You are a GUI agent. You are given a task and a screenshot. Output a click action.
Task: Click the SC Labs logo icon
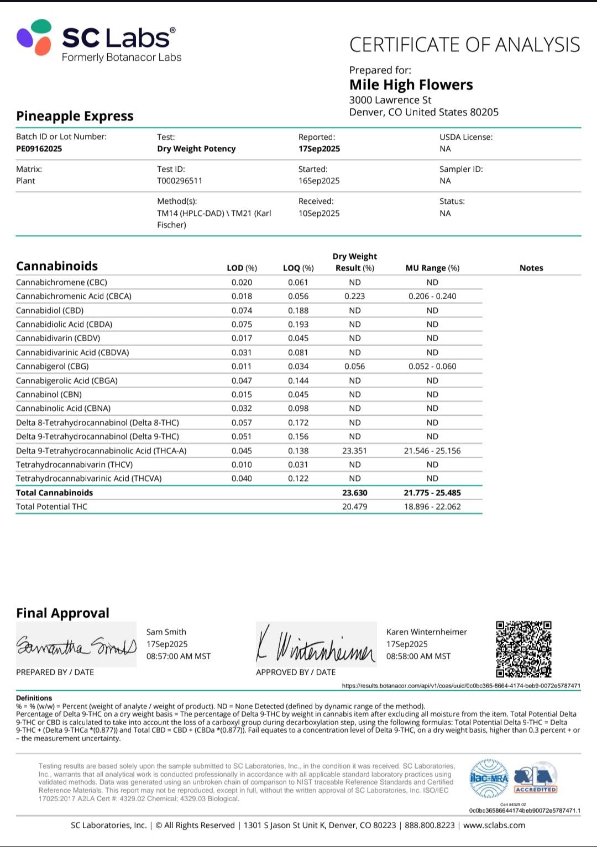pyautogui.click(x=34, y=37)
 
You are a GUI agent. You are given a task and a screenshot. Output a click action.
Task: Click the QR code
pyautogui.click(x=523, y=649)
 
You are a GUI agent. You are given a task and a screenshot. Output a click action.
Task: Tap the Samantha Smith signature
pyautogui.click(x=76, y=645)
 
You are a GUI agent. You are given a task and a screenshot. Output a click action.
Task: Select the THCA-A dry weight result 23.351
pyautogui.click(x=354, y=451)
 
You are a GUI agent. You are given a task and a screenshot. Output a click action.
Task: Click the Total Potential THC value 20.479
pyautogui.click(x=354, y=506)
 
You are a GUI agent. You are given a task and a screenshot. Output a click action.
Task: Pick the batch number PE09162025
pyautogui.click(x=39, y=149)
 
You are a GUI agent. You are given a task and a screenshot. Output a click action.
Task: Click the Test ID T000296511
pyautogui.click(x=180, y=181)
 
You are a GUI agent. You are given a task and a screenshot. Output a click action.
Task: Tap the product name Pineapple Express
pyautogui.click(x=75, y=116)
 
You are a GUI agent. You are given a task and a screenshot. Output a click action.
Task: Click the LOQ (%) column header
pyautogui.click(x=298, y=268)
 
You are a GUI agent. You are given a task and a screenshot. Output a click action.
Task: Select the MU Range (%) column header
pyautogui.click(x=432, y=268)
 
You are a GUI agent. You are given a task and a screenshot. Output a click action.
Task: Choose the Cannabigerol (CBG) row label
pyautogui.click(x=52, y=366)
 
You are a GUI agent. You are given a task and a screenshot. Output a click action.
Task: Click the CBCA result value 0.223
pyautogui.click(x=354, y=296)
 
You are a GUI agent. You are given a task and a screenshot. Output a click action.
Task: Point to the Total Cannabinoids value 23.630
pyautogui.click(x=354, y=493)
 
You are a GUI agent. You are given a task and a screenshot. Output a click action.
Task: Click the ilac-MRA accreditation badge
pyautogui.click(x=489, y=779)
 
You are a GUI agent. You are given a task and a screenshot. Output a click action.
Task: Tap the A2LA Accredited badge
pyautogui.click(x=535, y=779)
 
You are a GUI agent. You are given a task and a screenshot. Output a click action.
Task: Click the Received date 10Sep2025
pyautogui.click(x=319, y=213)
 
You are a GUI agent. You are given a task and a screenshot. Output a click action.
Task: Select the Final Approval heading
pyautogui.click(x=62, y=613)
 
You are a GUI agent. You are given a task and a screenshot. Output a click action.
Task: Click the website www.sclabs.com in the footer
pyautogui.click(x=494, y=825)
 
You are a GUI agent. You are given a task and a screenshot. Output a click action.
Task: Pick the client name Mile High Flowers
pyautogui.click(x=411, y=84)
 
